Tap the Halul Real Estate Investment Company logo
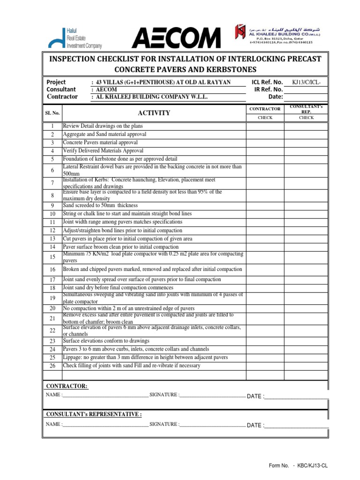tap(75, 37)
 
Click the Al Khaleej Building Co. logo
tap(274, 34)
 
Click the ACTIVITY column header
tap(154, 113)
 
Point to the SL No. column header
tap(52, 113)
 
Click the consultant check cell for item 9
tap(307, 205)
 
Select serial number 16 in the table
tap(52, 270)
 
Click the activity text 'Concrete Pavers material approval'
tap(100, 142)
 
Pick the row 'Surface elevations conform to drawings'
tap(106, 341)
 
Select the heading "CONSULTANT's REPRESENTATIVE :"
tap(93, 414)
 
